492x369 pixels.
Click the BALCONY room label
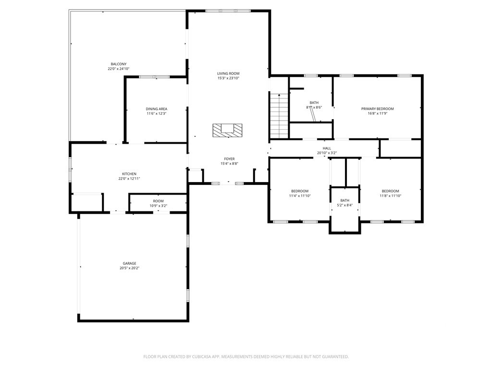pos(119,64)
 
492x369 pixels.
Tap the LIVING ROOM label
pos(228,74)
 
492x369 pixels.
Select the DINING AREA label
pos(156,109)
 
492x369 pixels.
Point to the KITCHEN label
pos(129,174)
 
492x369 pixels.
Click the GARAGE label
pos(129,263)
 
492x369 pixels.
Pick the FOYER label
pos(229,159)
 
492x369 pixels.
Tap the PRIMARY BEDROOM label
pos(378,109)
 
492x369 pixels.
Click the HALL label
pos(327,148)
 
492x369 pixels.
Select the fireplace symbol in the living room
pos(227,130)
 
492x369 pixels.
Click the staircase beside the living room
pos(279,116)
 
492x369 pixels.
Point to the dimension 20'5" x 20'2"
pos(129,268)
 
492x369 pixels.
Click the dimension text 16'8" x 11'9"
pos(378,113)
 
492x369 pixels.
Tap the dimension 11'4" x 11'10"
pos(300,196)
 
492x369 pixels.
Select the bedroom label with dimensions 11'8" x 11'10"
pos(390,191)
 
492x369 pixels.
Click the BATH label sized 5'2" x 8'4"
pos(345,200)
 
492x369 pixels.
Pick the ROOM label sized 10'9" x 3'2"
pos(159,201)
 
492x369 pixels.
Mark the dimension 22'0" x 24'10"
pos(119,69)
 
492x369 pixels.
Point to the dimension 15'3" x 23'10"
pos(228,78)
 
